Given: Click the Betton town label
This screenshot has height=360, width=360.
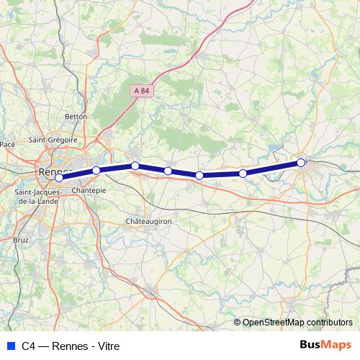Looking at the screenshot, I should point(76,116).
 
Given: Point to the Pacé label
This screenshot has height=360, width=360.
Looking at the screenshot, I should point(8,144).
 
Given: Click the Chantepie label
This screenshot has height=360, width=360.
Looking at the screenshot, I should point(89,190).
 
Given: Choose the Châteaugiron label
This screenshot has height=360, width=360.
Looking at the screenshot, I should point(148,221).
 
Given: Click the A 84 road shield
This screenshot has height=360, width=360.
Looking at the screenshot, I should point(141,90).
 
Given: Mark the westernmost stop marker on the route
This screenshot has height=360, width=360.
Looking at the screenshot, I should point(60,178).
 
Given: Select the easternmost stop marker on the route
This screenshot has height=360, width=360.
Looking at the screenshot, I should point(301,163).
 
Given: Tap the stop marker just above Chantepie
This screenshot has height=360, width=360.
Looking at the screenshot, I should point(96,171).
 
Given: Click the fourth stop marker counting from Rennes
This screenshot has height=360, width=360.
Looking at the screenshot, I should point(168,171).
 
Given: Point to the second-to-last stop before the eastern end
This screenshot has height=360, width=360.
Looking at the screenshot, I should point(243,173).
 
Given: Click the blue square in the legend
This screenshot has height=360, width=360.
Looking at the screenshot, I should point(9,346).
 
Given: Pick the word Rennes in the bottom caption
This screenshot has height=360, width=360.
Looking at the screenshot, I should point(67,346).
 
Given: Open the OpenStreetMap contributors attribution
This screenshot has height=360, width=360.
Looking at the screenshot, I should point(297,322).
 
